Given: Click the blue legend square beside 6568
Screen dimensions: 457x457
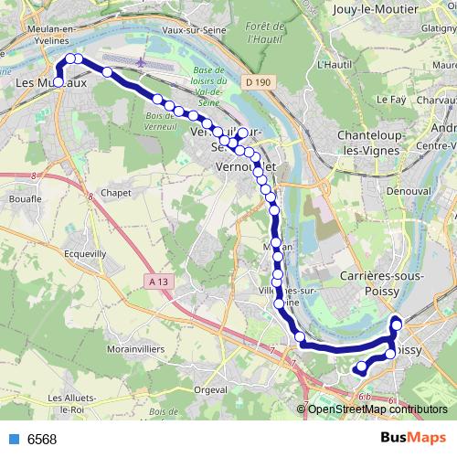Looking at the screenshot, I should pos(12,440).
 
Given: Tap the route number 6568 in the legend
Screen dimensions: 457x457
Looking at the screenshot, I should pos(42,440).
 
